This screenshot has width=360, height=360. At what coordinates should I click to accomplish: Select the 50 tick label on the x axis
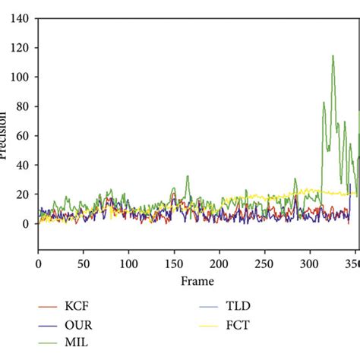[84, 263]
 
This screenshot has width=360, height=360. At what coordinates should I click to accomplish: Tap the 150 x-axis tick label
[174, 263]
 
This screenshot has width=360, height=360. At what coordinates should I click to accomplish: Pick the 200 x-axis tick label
[219, 263]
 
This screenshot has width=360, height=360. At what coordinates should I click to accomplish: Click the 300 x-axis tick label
[309, 263]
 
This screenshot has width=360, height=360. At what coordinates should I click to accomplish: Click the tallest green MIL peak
[333, 56]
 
